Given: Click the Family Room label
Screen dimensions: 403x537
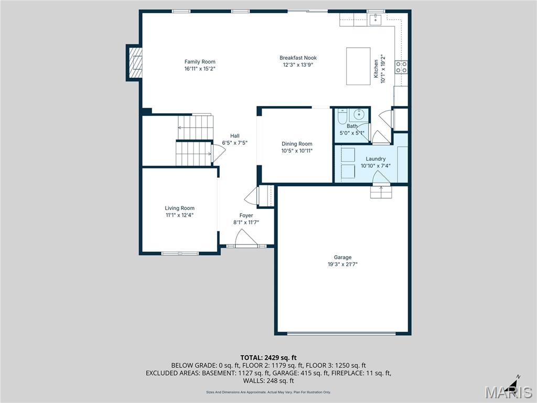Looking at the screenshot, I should [200, 62].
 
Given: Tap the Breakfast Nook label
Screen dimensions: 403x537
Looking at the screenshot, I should [298, 58].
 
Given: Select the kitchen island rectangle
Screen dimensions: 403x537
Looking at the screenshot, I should [358, 66].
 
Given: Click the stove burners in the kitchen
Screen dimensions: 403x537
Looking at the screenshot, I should [401, 67].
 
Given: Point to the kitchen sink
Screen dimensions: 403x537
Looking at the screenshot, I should [375, 19].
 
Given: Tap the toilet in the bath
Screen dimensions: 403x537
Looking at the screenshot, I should [342, 117].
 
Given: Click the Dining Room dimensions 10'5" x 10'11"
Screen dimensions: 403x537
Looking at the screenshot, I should [297, 151].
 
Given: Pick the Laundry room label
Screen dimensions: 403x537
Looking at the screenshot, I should [375, 159].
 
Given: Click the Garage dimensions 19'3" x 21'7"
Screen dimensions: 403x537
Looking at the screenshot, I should [342, 264].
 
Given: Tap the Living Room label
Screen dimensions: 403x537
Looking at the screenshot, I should [180, 208].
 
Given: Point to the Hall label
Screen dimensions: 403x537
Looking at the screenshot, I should [234, 136].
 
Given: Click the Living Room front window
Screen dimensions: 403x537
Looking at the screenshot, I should [179, 253].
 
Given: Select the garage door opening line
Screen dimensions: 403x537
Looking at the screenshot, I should [342, 333].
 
